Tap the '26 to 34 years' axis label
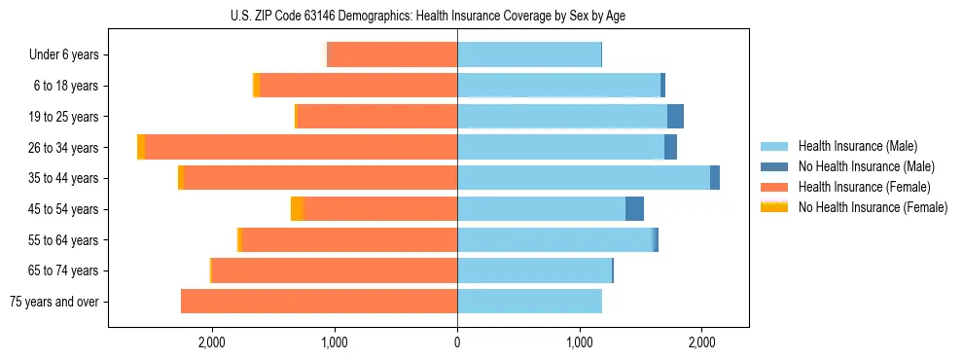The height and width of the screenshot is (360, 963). click(x=64, y=148)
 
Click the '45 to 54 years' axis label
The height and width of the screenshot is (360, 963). click(x=64, y=209)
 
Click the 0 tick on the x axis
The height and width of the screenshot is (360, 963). click(x=457, y=342)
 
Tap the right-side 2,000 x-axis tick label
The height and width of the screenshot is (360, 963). click(x=702, y=342)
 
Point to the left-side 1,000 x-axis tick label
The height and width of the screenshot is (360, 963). click(x=335, y=342)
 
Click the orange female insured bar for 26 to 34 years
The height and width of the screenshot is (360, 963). click(x=302, y=147)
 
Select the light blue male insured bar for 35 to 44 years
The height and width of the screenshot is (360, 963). click(x=584, y=178)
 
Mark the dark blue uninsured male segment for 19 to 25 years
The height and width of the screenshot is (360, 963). click(x=675, y=117)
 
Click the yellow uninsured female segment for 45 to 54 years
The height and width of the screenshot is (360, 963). click(x=298, y=209)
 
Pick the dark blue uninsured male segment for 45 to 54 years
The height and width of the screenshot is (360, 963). click(x=634, y=209)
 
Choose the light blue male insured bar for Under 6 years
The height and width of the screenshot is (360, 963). click(x=529, y=54)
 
